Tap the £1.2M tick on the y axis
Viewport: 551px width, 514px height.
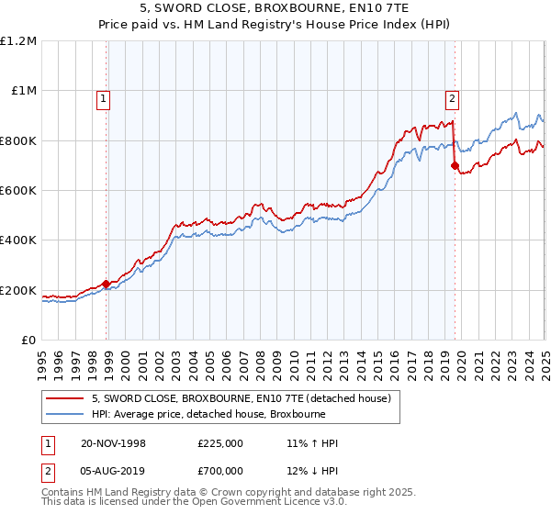coord(18,41)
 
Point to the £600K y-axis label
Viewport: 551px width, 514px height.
coord(18,191)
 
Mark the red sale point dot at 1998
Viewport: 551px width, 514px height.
coord(107,284)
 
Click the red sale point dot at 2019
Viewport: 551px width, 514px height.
coord(455,166)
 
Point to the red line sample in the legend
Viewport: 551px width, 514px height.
coord(66,398)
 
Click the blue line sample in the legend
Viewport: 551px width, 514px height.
coord(66,414)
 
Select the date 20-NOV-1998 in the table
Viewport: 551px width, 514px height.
coord(113,443)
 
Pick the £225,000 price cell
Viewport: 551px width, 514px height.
coord(220,443)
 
